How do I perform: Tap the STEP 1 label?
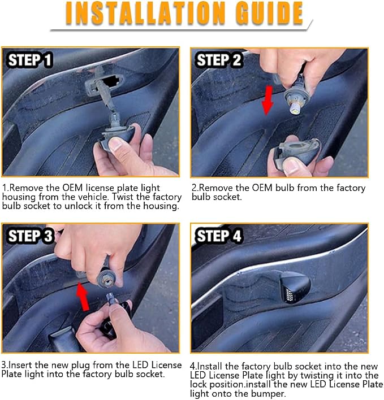[30, 60]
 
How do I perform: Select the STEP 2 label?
[218, 60]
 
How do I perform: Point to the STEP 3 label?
[30, 236]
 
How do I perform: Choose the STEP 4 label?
[218, 236]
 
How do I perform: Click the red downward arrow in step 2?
[267, 101]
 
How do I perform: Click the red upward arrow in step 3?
[83, 296]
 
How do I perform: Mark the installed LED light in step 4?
[295, 287]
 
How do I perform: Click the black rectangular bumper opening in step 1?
[111, 81]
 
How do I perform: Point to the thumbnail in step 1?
[116, 144]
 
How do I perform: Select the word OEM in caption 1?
[72, 188]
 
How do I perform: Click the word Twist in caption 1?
[123, 197]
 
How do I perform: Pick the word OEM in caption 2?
[262, 188]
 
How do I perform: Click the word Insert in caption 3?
[20, 365]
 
